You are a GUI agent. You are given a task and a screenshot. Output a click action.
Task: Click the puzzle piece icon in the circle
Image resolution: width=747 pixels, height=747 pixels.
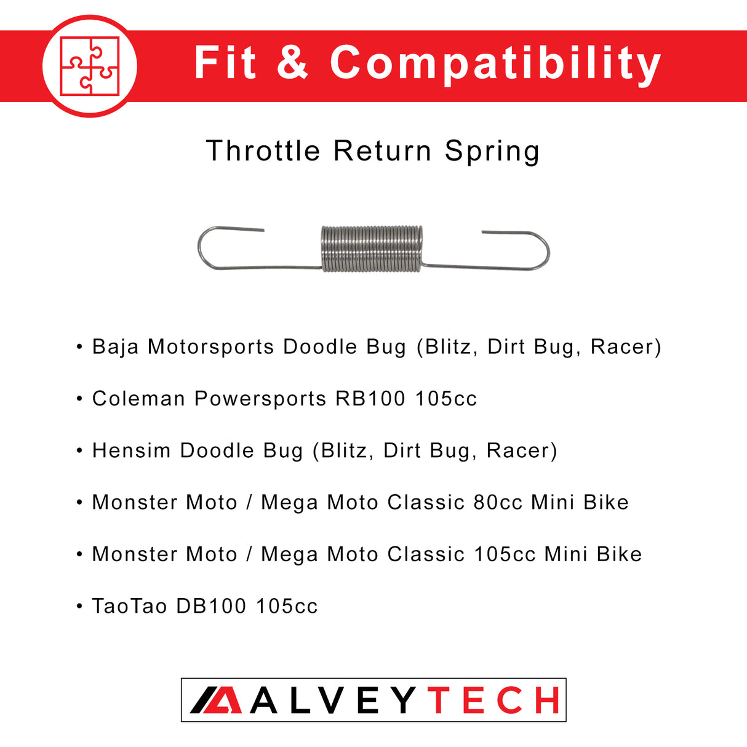[90, 66]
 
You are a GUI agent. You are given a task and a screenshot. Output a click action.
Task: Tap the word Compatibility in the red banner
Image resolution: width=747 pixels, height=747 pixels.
[495, 63]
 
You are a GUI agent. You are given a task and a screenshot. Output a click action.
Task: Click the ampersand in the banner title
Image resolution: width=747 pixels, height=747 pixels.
[292, 63]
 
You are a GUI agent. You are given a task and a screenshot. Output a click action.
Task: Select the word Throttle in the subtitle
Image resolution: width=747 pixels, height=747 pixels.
[263, 151]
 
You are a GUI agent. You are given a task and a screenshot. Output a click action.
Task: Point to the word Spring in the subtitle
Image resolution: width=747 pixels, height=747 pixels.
[492, 151]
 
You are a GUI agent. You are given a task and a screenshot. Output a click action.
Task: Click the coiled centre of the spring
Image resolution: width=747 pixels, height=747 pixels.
[372, 248]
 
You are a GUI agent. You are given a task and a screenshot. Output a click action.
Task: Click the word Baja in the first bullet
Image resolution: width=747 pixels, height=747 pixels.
[115, 347]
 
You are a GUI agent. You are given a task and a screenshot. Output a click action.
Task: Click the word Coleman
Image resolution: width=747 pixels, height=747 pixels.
[138, 399]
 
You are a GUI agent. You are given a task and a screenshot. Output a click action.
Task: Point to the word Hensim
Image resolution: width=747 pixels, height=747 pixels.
[131, 450]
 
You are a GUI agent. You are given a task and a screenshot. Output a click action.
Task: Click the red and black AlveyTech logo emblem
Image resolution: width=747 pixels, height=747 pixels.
[216, 700]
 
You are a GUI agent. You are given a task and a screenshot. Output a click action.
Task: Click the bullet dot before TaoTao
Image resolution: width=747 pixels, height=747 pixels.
[79, 606]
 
